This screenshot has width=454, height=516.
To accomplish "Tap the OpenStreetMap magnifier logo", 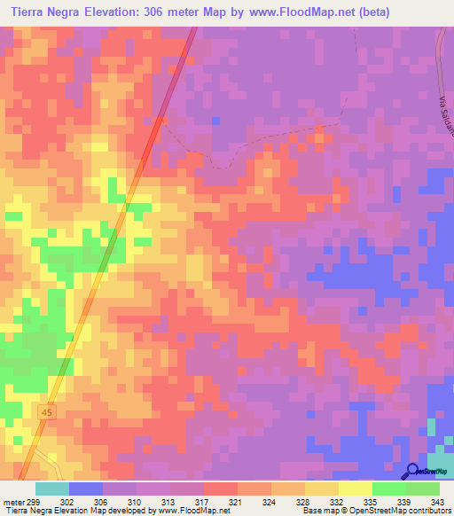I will click(412, 471).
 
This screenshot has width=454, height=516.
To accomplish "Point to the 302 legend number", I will click(67, 501).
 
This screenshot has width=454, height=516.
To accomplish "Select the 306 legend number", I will click(100, 501).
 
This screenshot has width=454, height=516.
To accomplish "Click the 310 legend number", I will click(134, 501).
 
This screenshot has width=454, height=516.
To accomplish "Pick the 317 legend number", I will click(201, 501).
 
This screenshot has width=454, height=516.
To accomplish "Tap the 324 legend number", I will click(269, 501).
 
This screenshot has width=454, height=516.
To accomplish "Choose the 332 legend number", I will click(336, 501).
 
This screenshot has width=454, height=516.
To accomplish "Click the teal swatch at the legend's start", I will click(51, 489).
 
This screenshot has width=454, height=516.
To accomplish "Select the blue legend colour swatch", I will click(85, 489).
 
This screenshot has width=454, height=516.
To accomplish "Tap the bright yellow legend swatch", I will click(355, 489).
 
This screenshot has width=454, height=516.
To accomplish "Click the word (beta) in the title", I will click(369, 12).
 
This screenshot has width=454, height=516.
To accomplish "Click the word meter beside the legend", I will click(13, 501).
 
